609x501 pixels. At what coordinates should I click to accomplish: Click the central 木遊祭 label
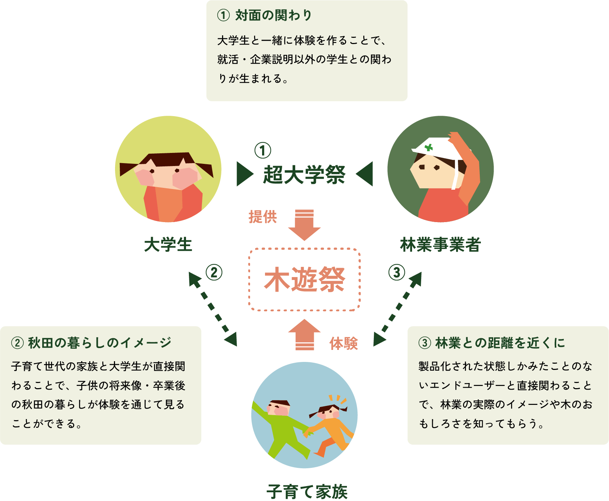coord(304,280)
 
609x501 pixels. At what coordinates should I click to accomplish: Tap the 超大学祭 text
coord(304,174)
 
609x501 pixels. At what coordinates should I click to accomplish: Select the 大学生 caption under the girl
coord(168,244)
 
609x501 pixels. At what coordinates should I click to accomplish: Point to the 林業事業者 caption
coord(440,244)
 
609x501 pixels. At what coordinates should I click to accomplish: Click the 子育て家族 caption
coord(307,492)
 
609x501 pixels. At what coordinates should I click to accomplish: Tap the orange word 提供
coord(262,217)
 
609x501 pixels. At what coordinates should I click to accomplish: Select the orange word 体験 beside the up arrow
coord(344,343)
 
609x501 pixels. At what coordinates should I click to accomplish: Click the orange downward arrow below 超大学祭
coord(304,226)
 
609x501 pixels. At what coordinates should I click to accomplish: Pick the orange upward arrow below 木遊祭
coord(304,333)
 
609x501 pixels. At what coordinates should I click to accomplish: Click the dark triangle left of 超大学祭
coord(244,174)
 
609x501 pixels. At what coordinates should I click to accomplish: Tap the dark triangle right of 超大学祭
coord(365,174)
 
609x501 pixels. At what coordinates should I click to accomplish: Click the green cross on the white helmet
coord(429,147)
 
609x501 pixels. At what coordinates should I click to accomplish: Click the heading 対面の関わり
coord(273,15)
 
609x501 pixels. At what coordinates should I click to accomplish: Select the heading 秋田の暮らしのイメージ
coord(99,343)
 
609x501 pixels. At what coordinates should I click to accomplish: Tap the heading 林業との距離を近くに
coord(500,343)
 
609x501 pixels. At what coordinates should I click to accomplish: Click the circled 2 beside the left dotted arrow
coord(214,272)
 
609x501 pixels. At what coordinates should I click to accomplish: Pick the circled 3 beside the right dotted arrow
coord(396,272)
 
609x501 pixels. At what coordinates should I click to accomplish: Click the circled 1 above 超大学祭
coord(262,151)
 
